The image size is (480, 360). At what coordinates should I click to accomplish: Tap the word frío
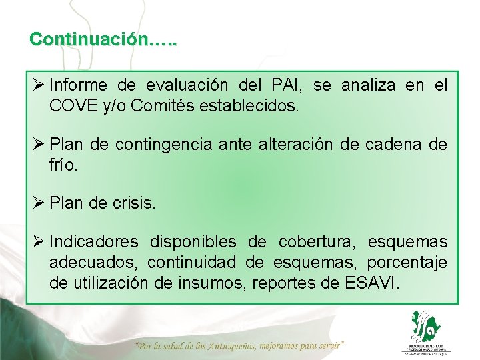tap(63, 163)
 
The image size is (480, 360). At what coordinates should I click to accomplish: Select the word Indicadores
tap(94, 242)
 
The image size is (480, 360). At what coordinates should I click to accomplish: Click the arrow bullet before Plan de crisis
tap(38, 203)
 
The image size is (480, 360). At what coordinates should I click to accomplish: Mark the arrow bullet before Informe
tap(38, 85)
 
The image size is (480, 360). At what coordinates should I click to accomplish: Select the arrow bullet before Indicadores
tap(38, 241)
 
